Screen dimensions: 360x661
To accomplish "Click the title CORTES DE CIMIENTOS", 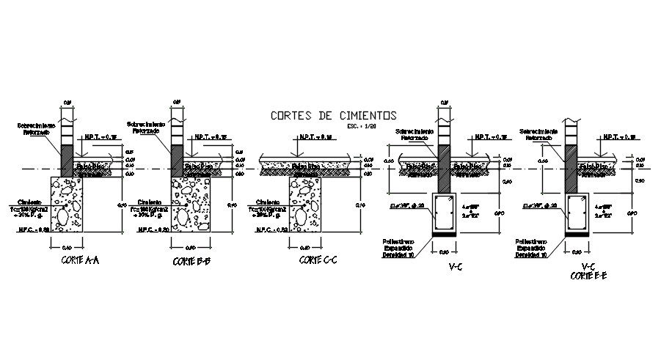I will coord(333,115).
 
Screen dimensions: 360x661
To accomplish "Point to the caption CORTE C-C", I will coord(317,261).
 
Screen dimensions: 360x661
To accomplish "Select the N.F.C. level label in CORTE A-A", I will coord(34,229).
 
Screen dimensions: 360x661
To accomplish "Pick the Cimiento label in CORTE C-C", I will coord(268,199).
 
